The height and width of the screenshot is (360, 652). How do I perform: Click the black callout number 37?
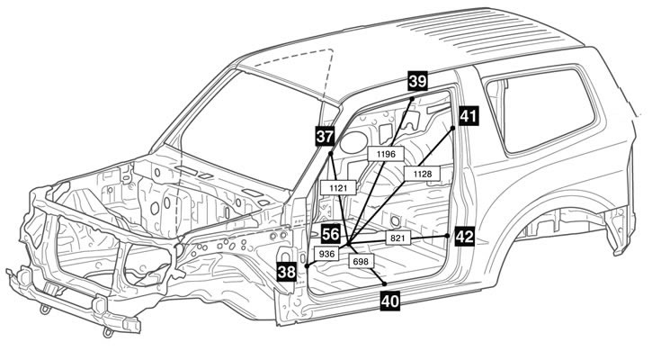[325, 136]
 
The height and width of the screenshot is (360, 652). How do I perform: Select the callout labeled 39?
[417, 80]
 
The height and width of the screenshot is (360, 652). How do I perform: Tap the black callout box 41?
[467, 115]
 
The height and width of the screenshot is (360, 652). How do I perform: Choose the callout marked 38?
[287, 272]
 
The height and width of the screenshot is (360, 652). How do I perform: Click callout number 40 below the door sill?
[390, 302]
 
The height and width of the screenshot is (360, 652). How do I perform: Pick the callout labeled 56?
[331, 233]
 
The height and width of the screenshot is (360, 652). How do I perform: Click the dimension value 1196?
[386, 155]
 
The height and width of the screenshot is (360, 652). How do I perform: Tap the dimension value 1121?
[339, 187]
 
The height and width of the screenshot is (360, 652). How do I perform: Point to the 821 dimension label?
[398, 238]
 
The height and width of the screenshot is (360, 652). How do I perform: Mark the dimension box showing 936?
[327, 255]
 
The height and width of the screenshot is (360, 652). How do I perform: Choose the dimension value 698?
[362, 260]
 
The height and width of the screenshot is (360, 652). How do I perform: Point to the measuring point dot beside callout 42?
[447, 235]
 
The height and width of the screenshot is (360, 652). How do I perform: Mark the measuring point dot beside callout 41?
[452, 128]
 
